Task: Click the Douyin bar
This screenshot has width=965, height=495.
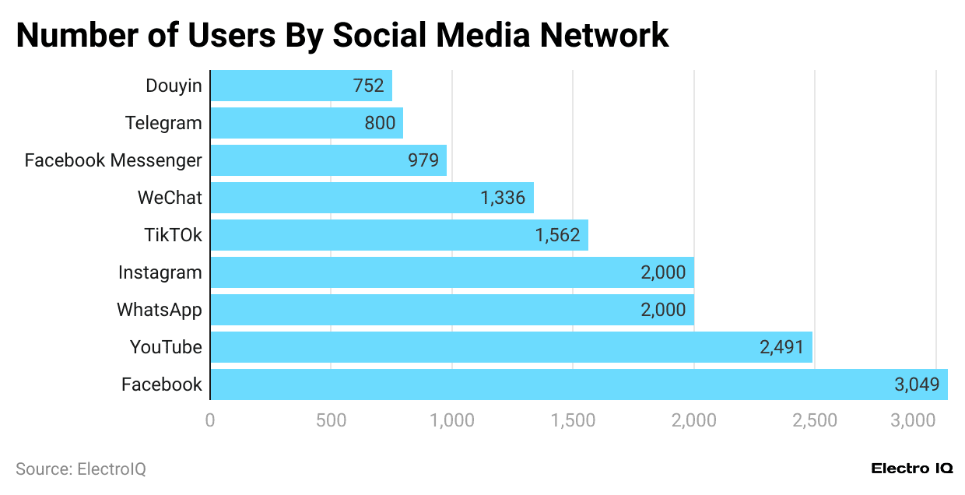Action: pyautogui.click(x=300, y=86)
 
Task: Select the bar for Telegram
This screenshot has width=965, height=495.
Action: pyautogui.click(x=306, y=123)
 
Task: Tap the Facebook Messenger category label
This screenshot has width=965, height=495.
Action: pyautogui.click(x=113, y=160)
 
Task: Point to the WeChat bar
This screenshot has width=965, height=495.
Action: pyautogui.click(x=371, y=198)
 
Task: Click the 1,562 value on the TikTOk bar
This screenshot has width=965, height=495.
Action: pyautogui.click(x=557, y=235)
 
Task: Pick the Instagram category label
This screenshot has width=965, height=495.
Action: pyautogui.click(x=160, y=272)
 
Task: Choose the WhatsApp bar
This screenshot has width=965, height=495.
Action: pyautogui.click(x=451, y=310)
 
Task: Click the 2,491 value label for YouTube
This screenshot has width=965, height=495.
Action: pyautogui.click(x=782, y=347)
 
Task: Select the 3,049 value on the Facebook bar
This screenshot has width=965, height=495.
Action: pyautogui.click(x=917, y=384)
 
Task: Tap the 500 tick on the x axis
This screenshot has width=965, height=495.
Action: pyautogui.click(x=331, y=421)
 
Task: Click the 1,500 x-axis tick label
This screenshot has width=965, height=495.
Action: pyautogui.click(x=572, y=421)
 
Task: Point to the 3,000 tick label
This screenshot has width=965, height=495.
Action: pyautogui.click(x=935, y=421)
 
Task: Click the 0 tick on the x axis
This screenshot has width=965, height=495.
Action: pyautogui.click(x=210, y=421)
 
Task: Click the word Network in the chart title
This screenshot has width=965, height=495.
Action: pyautogui.click(x=604, y=35)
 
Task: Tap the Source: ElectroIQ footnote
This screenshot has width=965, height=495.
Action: pyautogui.click(x=81, y=469)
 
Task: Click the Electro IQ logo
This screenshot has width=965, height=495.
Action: pyautogui.click(x=911, y=469)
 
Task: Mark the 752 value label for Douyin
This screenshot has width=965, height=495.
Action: pyautogui.click(x=368, y=86)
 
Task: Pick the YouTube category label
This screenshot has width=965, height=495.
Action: pyautogui.click(x=166, y=347)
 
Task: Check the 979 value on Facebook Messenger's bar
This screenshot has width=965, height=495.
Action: pyautogui.click(x=423, y=160)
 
